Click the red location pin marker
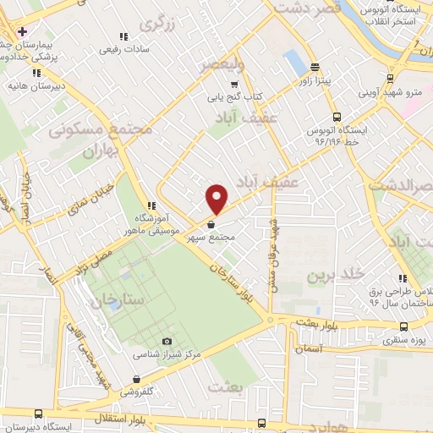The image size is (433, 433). point(217,199)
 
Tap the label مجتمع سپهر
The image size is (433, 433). point(230,238)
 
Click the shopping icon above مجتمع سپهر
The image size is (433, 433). point(211,225)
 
